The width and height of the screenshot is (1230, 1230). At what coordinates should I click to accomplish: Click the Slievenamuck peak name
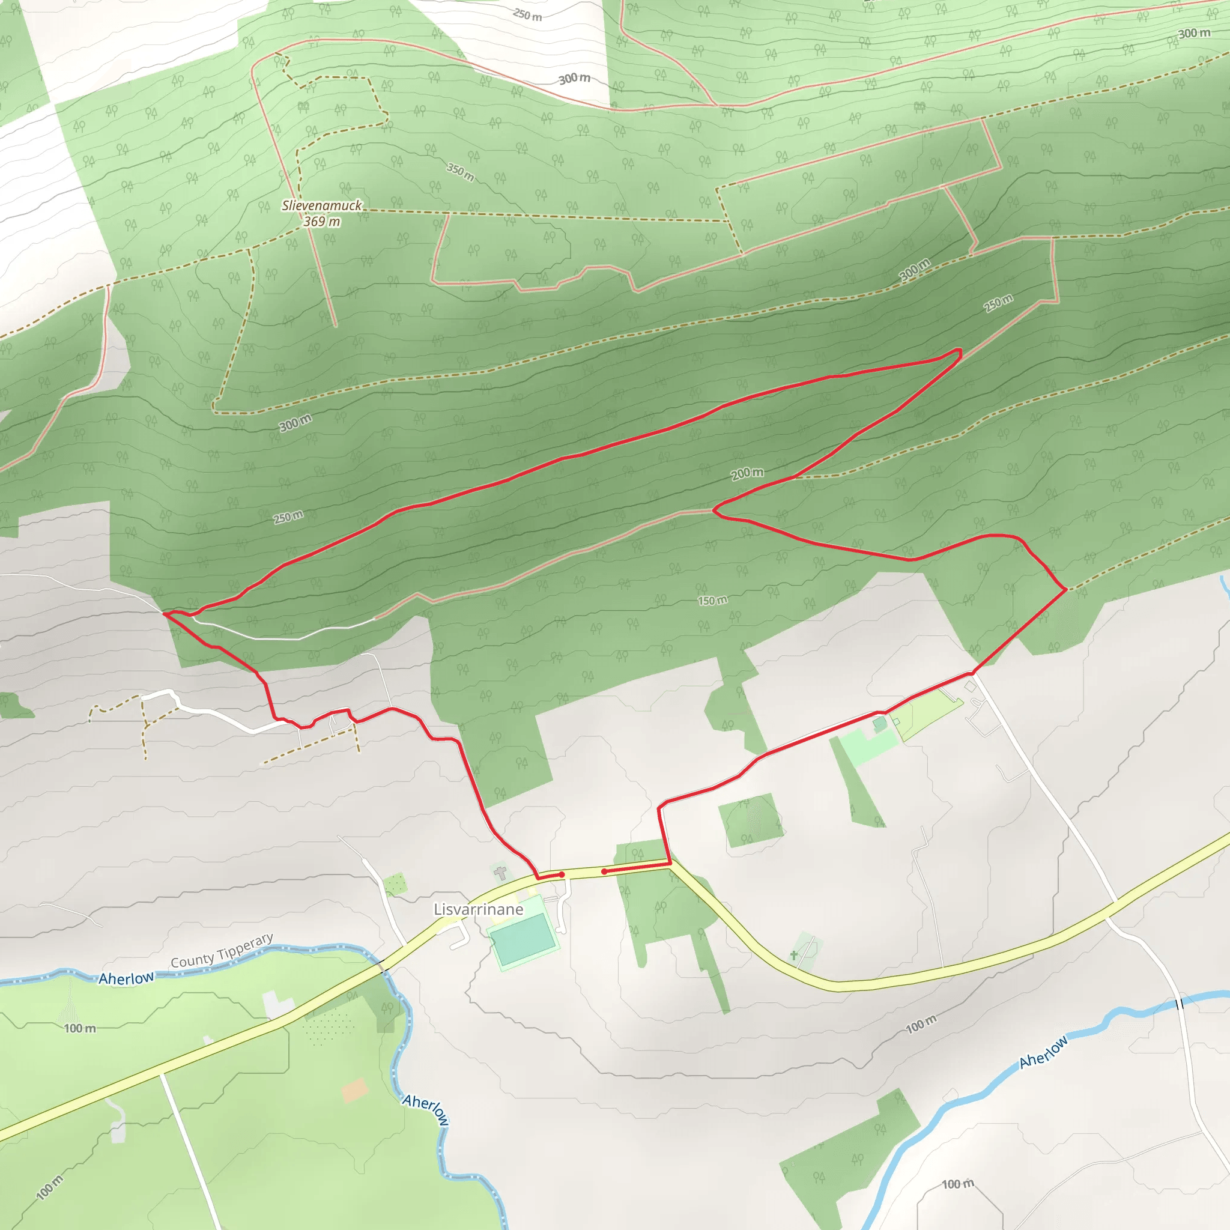click(x=321, y=205)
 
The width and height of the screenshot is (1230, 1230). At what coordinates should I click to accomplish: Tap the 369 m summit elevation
click(x=321, y=222)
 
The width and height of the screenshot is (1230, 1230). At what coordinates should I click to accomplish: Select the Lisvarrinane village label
click(x=478, y=909)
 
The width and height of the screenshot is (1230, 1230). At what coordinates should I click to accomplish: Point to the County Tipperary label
click(x=222, y=951)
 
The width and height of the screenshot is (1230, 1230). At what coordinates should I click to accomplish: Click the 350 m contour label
click(x=460, y=171)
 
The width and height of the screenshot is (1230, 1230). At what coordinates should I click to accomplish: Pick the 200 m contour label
click(x=747, y=473)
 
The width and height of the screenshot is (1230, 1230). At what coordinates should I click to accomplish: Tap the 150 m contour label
click(x=712, y=601)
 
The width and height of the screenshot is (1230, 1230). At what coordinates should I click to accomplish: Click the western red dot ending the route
click(x=562, y=874)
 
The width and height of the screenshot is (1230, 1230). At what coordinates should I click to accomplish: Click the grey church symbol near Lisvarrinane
click(x=501, y=872)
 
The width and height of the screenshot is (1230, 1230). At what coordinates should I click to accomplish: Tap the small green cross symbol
click(x=794, y=955)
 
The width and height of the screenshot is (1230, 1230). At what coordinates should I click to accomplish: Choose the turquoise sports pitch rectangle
click(x=522, y=939)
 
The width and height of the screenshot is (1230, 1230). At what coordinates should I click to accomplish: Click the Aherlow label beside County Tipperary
click(x=126, y=978)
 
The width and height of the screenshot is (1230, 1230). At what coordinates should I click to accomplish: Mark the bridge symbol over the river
click(x=1179, y=1004)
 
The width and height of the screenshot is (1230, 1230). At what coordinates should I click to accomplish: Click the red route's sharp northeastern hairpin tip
click(x=959, y=351)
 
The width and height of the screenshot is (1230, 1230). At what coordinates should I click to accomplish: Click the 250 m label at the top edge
click(x=527, y=14)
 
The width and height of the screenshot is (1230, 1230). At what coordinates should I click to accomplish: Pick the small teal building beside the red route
click(x=879, y=723)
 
